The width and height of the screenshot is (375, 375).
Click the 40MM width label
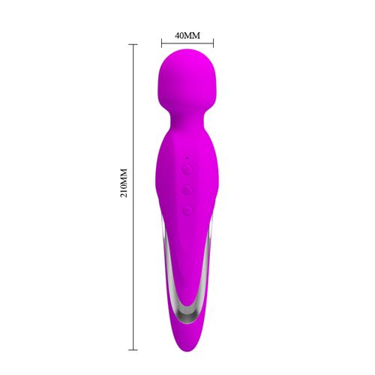[x=187, y=35]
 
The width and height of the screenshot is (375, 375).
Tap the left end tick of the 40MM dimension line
[x=161, y=43]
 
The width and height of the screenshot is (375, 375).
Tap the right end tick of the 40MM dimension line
[x=214, y=43]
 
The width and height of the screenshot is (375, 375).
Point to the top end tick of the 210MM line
[x=134, y=44]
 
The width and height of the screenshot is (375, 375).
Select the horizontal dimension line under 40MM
[x=187, y=43]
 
